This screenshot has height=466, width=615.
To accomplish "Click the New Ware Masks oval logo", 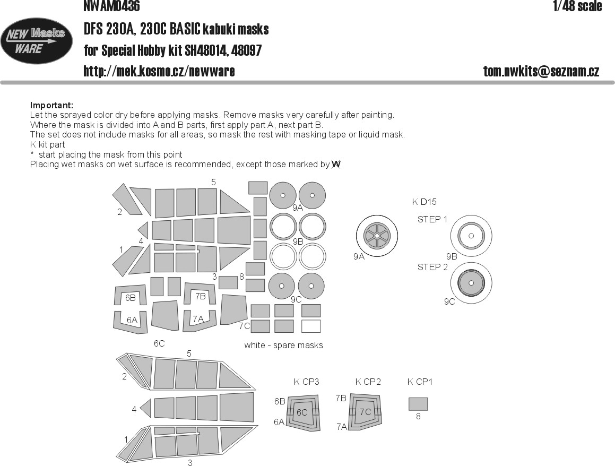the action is pos(36,41).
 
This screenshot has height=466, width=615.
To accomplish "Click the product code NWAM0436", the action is pos(112,5).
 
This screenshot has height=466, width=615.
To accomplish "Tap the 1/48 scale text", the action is pos(577,5).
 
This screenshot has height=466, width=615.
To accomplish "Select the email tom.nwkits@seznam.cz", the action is pos(541,71).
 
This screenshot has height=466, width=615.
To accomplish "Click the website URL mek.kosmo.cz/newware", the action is pos(159,71).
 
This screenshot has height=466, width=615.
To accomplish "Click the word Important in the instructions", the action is pos(51,105).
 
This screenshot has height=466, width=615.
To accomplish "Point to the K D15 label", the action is pos(424,202).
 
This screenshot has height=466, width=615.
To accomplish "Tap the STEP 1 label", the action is pos(432,219).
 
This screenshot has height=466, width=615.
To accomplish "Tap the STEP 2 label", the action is pos(432,267).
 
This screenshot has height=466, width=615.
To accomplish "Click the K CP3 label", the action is pos(306,382).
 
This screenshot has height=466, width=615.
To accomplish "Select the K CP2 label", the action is pos(368,382).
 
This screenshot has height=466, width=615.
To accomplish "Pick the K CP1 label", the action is pos(420,382).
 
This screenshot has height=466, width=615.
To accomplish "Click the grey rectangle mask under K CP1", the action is pos(418,404).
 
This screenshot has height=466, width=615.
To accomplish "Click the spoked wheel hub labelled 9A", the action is pos(377,236).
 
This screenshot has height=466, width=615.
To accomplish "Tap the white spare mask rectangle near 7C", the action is pos(311,326).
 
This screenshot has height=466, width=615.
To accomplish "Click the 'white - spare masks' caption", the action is pos(283,345).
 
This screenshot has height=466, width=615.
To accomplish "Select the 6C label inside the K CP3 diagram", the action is pos(302,412).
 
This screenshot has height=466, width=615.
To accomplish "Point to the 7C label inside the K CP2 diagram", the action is pos(365,412).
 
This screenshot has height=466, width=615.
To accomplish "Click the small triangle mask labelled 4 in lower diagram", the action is pos(145,408).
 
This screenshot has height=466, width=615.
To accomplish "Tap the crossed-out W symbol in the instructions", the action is pos(336,165).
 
